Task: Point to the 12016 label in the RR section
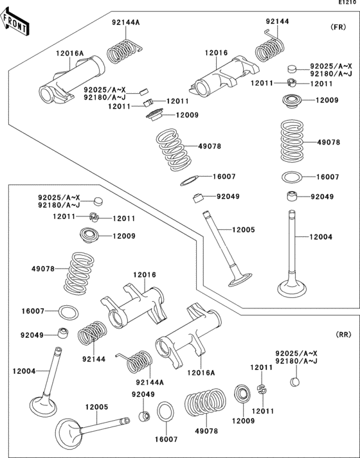click(145, 275)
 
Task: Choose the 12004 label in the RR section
click(23, 371)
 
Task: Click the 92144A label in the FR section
click(125, 22)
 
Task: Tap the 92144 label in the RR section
click(93, 360)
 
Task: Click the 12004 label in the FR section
click(320, 238)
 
